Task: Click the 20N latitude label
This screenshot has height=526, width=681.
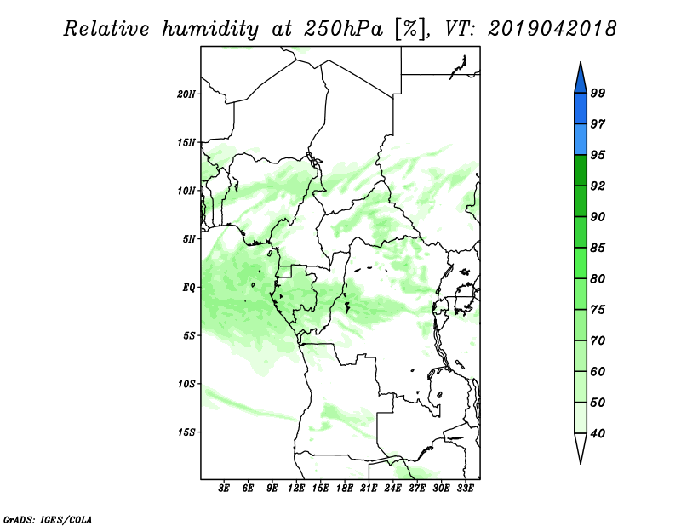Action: tap(186, 94)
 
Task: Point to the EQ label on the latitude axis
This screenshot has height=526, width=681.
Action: tap(189, 288)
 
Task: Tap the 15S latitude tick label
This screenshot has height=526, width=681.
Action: tap(186, 432)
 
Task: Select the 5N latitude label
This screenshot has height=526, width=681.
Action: tap(189, 239)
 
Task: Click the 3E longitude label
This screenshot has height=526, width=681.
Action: tap(224, 488)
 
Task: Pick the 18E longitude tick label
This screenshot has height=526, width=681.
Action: tap(345, 488)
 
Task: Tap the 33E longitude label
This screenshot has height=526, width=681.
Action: tap(465, 488)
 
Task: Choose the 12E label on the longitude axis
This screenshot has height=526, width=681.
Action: tap(296, 488)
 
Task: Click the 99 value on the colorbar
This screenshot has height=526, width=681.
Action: tap(598, 93)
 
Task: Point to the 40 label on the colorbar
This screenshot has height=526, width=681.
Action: tap(598, 433)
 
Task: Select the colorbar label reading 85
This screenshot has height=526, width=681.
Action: tap(598, 248)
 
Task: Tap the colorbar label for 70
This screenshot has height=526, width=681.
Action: tap(598, 340)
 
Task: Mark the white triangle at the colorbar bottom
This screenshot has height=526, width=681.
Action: tap(581, 447)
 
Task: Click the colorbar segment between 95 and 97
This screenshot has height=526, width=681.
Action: tap(581, 140)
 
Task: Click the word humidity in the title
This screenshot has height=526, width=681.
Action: tap(210, 29)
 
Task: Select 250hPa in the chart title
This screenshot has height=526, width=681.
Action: tap(343, 29)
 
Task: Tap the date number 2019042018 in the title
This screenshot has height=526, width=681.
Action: tap(552, 29)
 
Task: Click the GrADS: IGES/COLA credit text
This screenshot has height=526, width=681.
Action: tap(48, 519)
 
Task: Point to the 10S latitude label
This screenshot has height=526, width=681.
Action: tap(186, 384)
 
